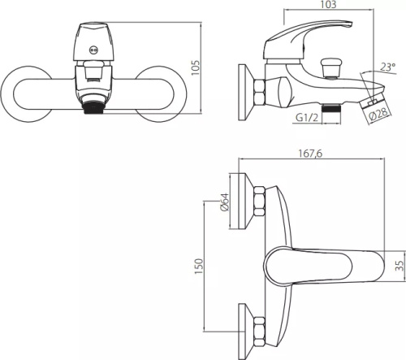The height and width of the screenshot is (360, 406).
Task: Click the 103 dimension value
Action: (328, 4)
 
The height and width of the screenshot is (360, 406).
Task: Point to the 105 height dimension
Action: (196, 67)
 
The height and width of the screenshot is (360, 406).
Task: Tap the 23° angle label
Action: (388, 67)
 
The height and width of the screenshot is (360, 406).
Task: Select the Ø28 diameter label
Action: (379, 114)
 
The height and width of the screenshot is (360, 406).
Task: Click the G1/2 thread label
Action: (307, 118)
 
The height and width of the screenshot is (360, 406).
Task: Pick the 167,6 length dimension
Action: (310, 154)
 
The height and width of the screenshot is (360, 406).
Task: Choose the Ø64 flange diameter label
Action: (225, 202)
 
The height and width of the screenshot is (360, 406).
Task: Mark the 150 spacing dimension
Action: (199, 266)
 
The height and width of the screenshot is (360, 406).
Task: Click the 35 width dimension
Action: (400, 265)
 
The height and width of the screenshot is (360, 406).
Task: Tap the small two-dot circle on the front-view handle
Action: (93, 50)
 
